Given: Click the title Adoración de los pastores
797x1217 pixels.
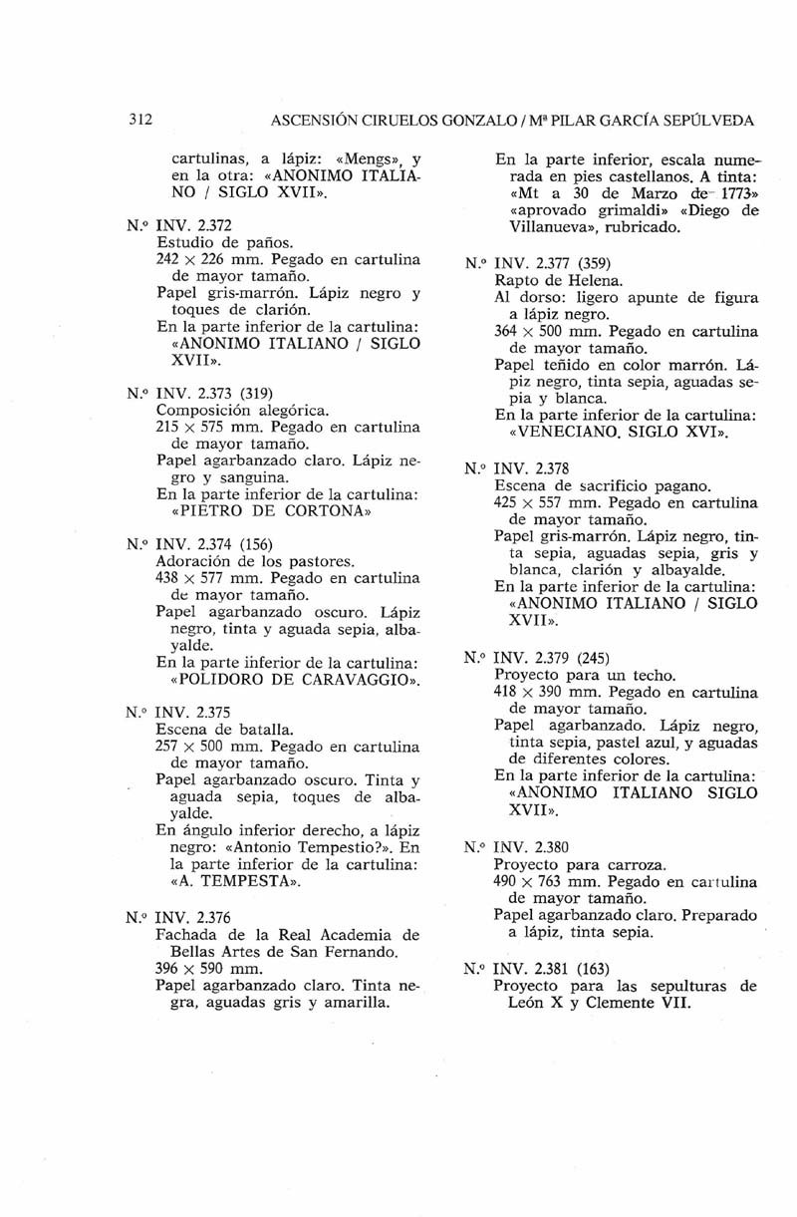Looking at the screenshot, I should click(x=243, y=561).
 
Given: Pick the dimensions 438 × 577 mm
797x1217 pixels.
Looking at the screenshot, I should click(x=210, y=578).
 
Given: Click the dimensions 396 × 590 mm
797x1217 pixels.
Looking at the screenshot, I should click(x=210, y=968).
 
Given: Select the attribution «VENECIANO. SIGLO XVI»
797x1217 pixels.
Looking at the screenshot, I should click(x=619, y=434).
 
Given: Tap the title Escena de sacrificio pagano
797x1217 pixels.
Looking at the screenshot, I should click(x=602, y=486).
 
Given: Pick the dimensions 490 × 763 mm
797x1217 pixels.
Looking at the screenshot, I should click(x=546, y=882).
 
